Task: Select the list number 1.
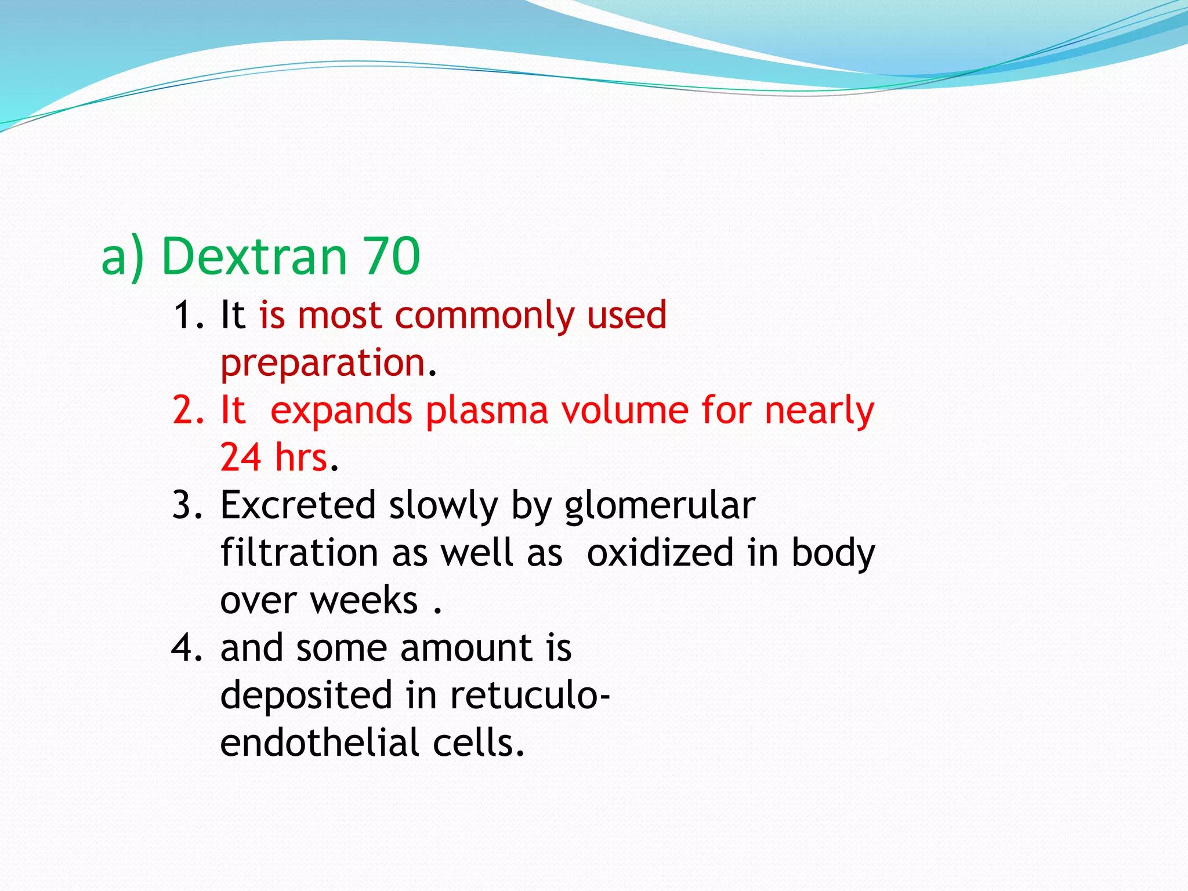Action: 187,316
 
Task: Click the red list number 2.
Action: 187,411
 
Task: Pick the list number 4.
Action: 187,649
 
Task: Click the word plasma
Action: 487,411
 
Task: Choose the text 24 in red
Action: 241,457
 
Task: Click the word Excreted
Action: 298,505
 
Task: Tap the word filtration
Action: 299,552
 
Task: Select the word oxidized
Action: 660,552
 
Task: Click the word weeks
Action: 364,600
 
